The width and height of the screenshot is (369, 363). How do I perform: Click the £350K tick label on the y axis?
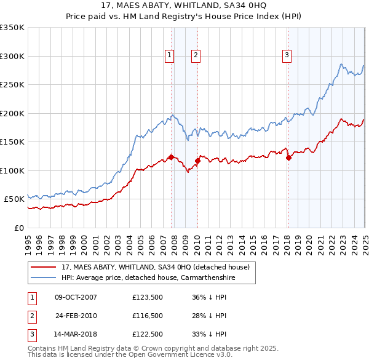[12, 28]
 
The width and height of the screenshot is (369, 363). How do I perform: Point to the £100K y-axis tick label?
[12, 170]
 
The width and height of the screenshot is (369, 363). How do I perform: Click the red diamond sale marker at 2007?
[171, 157]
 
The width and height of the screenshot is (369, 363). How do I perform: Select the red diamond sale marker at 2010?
[197, 161]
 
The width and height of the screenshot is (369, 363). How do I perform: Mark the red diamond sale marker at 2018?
[288, 158]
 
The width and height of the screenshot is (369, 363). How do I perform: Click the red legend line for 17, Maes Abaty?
[44, 268]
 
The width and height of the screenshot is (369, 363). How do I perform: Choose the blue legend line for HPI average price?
[44, 277]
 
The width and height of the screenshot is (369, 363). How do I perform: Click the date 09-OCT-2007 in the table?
[76, 297]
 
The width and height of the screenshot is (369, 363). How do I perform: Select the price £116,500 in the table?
[148, 316]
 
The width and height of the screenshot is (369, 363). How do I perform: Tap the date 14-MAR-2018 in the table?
[76, 335]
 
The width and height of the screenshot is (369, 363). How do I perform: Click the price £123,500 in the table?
[148, 297]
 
